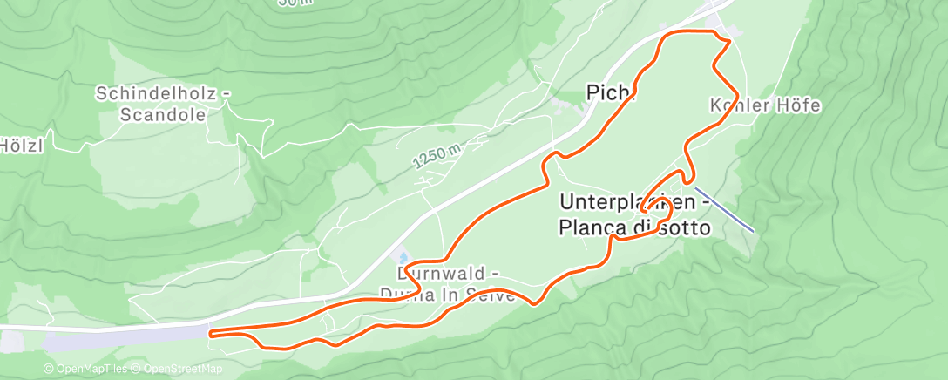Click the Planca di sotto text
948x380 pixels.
click(x=634, y=227)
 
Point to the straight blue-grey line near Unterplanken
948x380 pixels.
click(x=724, y=208)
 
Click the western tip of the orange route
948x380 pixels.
click(x=212, y=332)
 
